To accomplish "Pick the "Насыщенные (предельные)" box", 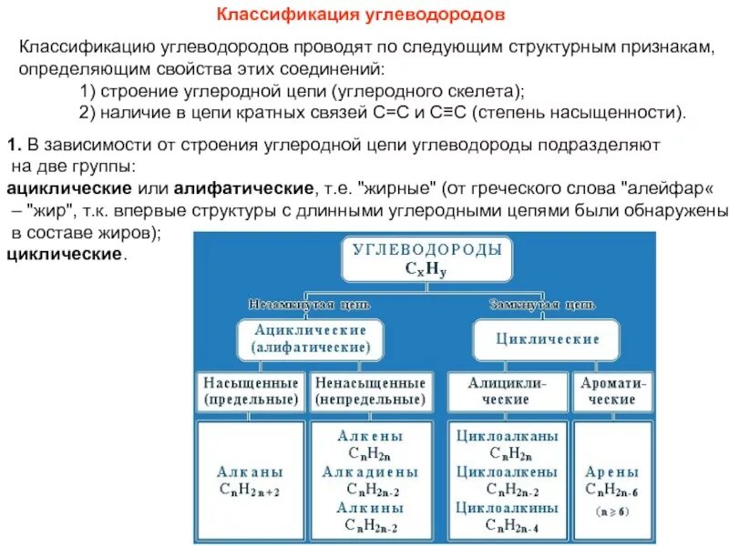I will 251,391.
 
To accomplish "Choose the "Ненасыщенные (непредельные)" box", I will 370,391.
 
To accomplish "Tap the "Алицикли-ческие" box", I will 506,391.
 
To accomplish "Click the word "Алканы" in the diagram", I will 251,473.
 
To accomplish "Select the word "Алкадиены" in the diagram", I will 370,473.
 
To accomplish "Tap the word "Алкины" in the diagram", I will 370,508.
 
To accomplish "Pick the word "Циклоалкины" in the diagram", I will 506,508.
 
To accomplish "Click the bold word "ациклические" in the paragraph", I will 68,188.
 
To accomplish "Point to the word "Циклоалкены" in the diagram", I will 506,473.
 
